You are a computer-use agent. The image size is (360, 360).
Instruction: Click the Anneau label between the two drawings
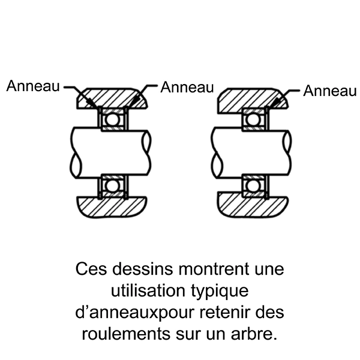pos(188,87)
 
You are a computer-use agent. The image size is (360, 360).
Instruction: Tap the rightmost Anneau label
pos(330,91)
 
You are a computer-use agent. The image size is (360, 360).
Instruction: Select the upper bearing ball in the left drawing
pos(112,120)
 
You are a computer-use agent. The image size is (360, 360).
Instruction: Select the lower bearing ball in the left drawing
pos(112,185)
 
